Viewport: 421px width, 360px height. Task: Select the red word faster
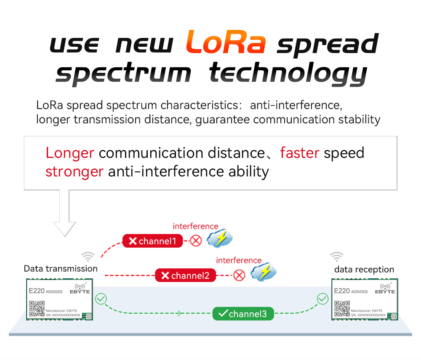point(300,153)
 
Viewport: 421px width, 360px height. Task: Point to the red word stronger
point(75,172)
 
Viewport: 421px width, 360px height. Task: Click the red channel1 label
point(152,241)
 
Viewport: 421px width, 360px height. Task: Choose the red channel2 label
point(185,275)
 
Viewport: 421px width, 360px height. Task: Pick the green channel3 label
point(243,314)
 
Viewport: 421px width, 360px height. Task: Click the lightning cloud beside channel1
point(220,238)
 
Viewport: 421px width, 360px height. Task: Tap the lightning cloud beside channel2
point(264,272)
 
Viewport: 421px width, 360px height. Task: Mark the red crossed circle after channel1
point(196,241)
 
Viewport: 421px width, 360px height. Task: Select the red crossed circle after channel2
point(239,275)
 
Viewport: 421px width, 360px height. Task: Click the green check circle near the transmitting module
point(101,299)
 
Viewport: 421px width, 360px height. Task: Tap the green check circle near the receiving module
point(322,299)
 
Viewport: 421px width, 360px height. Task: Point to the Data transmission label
point(61,269)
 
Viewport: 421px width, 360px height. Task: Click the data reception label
point(364,269)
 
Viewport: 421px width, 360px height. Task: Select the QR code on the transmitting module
point(37,309)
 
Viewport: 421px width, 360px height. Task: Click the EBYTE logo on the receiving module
point(385,289)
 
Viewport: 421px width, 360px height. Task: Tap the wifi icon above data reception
point(337,257)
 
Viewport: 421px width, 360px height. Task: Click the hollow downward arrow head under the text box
point(65,229)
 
